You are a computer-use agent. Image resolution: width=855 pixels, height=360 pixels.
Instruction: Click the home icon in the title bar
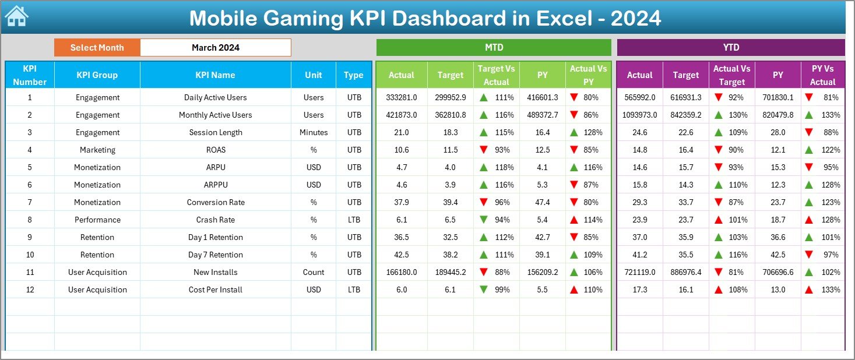coord(16,16)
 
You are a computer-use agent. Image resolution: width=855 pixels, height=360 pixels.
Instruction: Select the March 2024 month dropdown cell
coord(216,48)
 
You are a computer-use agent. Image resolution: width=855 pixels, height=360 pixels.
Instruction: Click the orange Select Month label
coord(97,48)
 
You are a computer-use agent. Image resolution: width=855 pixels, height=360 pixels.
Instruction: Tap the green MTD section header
coord(494,48)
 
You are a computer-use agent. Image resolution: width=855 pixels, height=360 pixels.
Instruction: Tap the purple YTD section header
coord(730,48)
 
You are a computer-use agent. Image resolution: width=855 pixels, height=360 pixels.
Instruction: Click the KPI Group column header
coord(97,75)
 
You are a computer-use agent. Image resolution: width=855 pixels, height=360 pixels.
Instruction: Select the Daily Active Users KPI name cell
coord(215,97)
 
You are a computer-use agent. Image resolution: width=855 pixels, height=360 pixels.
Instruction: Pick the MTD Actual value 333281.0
coord(401,97)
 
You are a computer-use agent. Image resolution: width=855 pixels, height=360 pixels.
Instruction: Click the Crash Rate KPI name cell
coord(215,220)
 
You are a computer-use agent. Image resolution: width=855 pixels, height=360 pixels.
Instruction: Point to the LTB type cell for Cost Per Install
coord(354,290)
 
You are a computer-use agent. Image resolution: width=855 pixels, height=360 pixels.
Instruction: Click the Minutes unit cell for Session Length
coord(314,132)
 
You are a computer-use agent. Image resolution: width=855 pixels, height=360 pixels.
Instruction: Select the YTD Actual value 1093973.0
coord(639,115)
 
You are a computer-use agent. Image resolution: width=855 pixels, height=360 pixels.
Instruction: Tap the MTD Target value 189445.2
coord(450,272)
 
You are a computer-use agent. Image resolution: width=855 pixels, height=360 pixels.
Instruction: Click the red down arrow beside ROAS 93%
coord(483,150)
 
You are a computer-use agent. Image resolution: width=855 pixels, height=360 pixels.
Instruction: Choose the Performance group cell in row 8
coord(97,220)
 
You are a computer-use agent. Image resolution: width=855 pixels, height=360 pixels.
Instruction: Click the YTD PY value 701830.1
coord(777,97)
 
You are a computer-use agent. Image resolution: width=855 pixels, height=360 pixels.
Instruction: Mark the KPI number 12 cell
coord(30,290)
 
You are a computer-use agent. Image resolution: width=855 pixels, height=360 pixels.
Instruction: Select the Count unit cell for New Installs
coord(314,272)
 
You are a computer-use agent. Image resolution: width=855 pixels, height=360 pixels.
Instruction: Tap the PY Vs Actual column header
coord(822,75)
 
